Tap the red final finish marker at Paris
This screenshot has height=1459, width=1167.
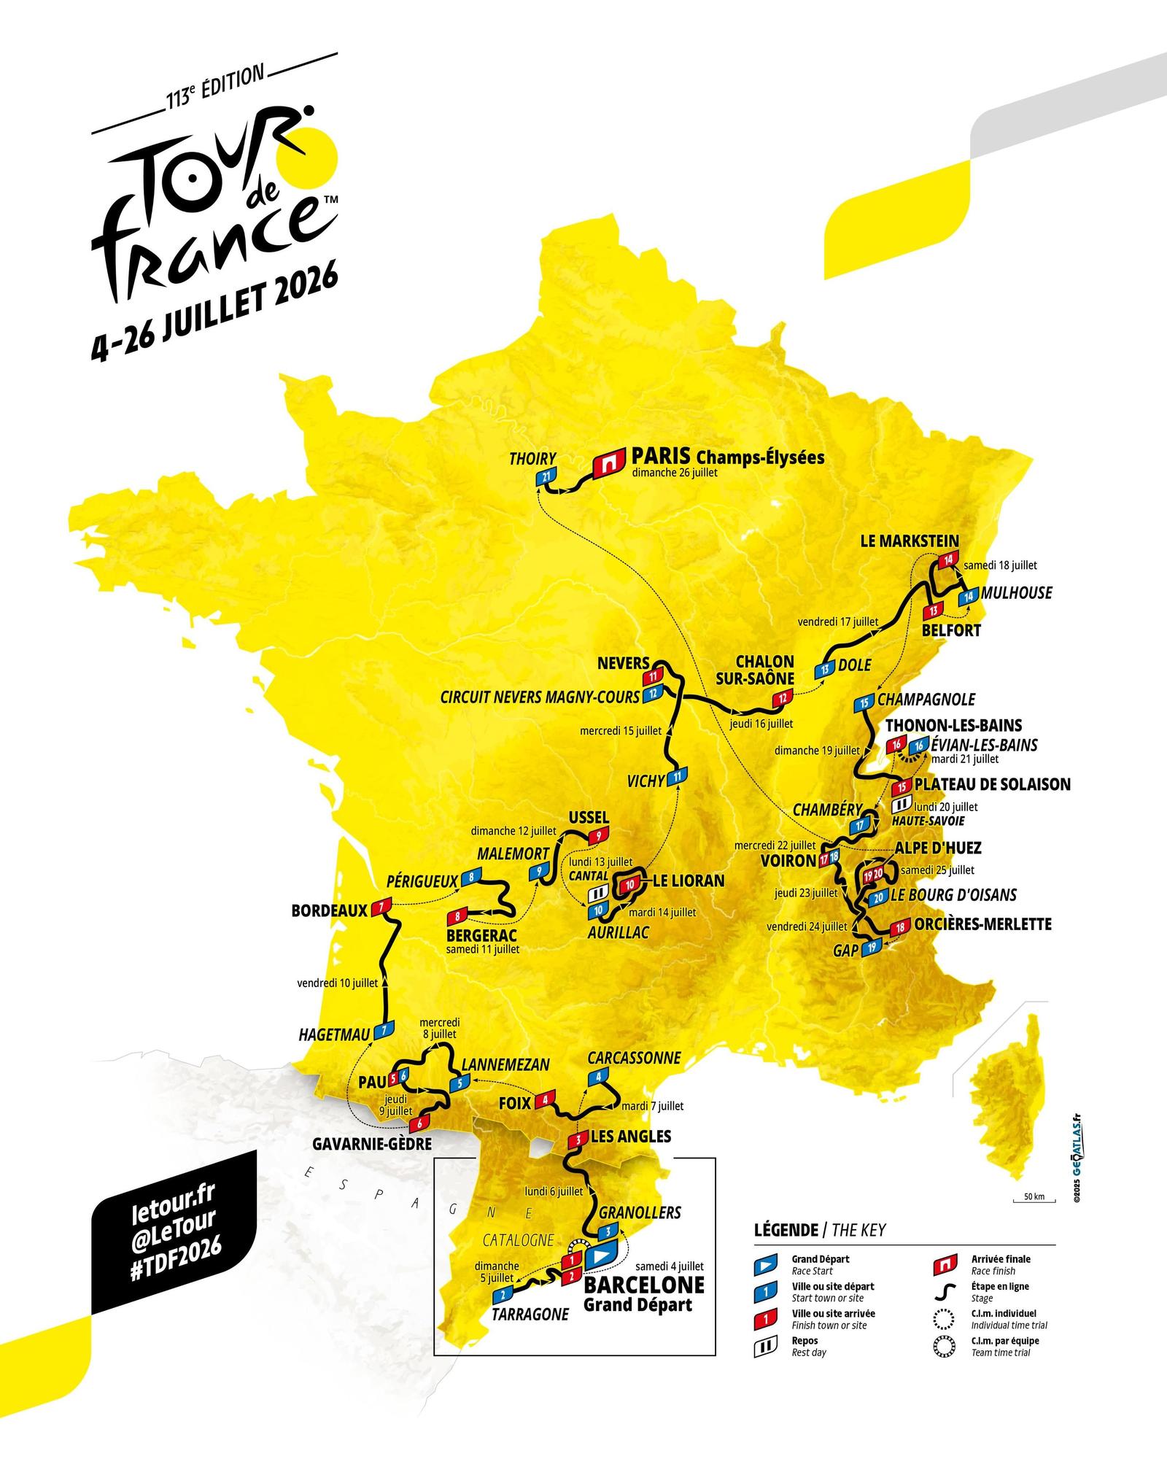tap(608, 463)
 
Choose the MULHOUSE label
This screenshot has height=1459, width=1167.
tap(1016, 592)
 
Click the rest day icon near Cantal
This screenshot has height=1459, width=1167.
tap(597, 893)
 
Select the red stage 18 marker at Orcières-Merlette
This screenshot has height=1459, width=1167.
tap(900, 926)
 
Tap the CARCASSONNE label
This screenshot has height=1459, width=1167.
tap(634, 1058)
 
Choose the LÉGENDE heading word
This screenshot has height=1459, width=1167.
tap(786, 1230)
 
